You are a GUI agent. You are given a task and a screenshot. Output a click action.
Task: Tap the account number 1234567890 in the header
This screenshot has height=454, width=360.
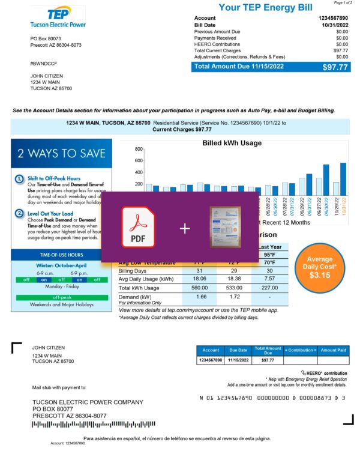coord(332,19)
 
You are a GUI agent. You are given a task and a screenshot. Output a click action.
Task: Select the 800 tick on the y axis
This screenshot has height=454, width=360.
coord(139,148)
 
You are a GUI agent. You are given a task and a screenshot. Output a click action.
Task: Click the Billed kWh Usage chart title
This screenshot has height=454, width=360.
coord(232,144)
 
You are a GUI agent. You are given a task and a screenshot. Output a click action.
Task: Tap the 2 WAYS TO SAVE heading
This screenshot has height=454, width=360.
coord(61,154)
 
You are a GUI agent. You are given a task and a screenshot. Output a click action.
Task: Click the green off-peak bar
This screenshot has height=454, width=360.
coord(61,297)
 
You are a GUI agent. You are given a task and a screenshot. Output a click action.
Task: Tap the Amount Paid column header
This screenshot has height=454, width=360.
coord(333,350)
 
